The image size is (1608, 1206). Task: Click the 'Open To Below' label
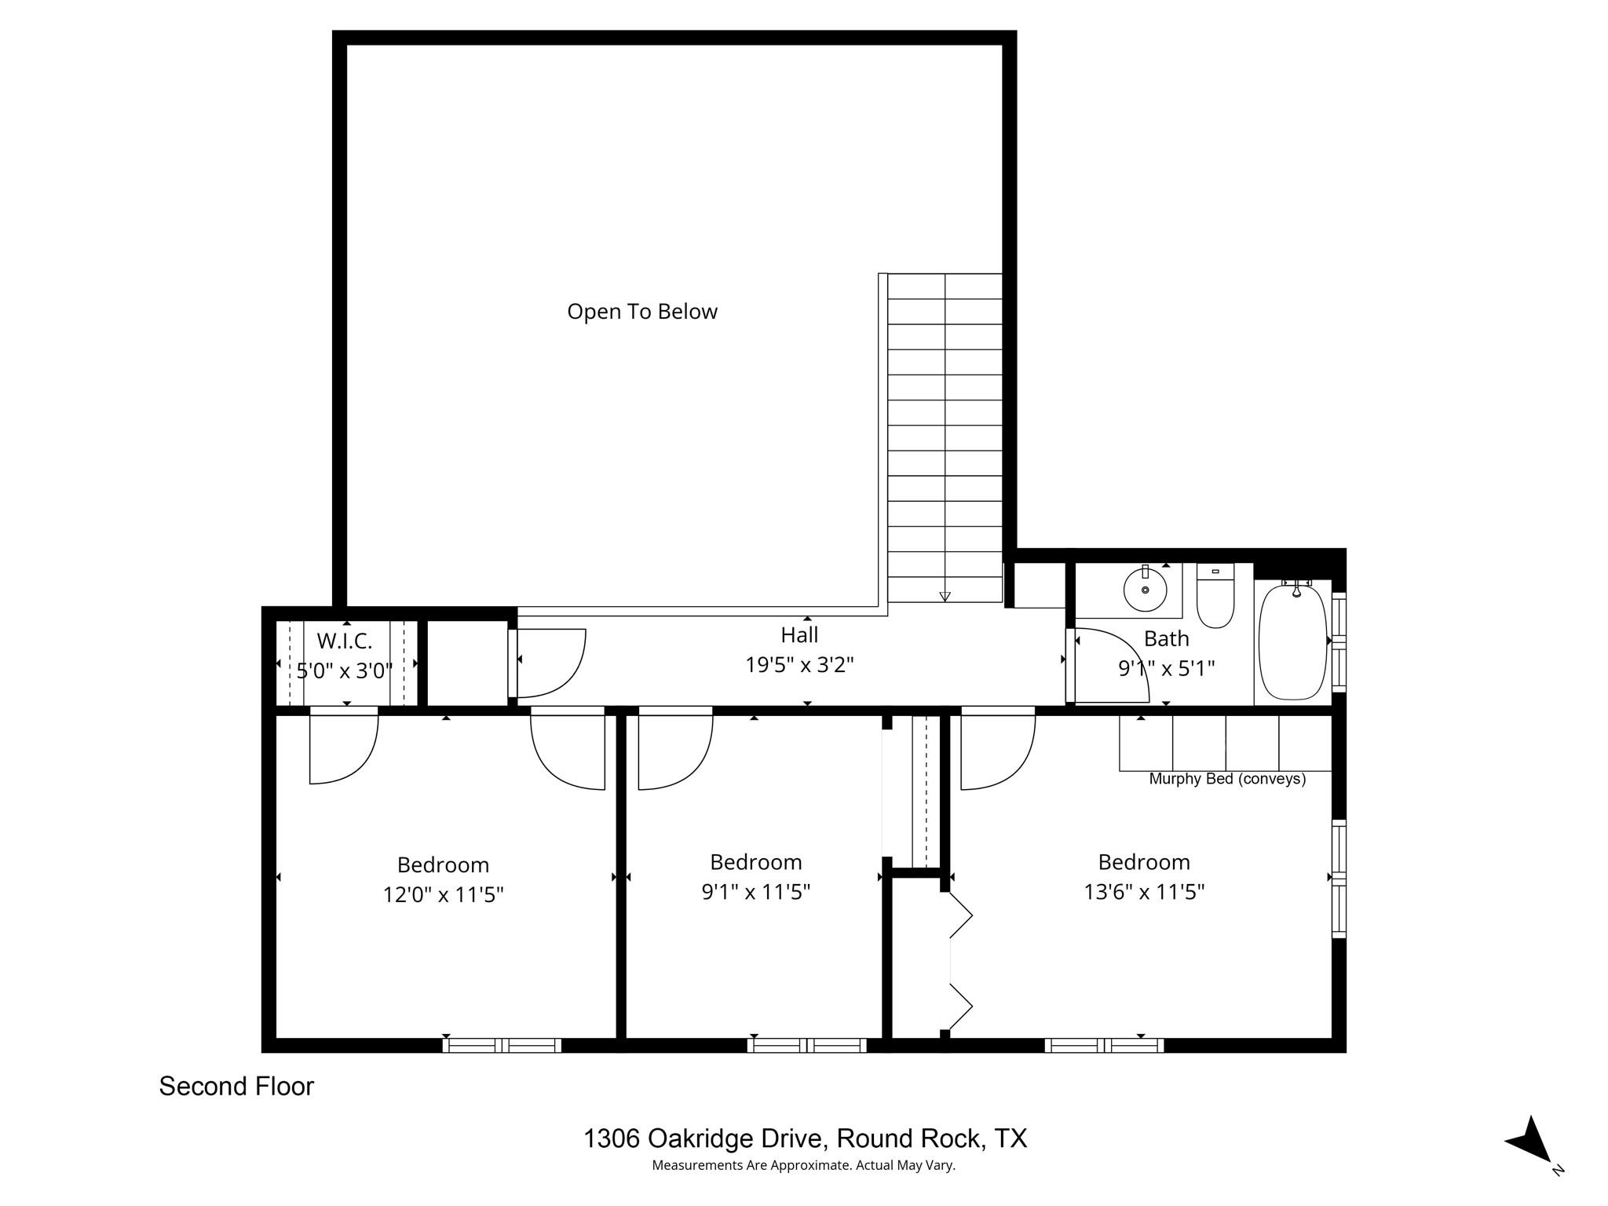[641, 312]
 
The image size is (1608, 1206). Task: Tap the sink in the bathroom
[1145, 589]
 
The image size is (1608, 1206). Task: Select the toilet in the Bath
[1215, 601]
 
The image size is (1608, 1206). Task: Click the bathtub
[1292, 641]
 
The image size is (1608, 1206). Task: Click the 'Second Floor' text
[236, 1087]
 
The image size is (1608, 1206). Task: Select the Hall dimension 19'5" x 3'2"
[799, 665]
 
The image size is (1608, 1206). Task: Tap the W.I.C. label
[344, 641]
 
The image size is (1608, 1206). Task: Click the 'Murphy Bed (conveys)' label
[1226, 779]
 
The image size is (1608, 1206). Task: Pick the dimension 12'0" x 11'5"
[443, 894]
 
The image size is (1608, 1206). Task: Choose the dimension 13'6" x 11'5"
[1144, 892]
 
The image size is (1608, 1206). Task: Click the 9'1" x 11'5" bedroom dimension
[755, 892]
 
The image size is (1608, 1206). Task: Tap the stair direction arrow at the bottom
[945, 596]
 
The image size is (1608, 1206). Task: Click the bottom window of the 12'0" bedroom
[502, 1045]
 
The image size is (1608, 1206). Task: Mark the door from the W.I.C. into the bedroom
[343, 746]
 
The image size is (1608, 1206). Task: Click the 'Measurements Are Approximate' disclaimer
[803, 1165]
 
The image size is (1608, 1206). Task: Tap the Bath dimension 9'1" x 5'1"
[1166, 668]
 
